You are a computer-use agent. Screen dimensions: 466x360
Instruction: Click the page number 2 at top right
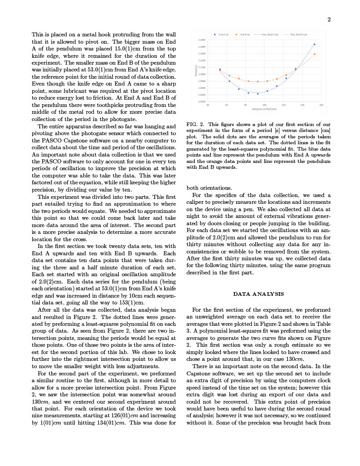329,19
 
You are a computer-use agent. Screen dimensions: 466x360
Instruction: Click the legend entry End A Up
223,35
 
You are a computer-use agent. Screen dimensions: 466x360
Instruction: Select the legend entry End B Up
245,35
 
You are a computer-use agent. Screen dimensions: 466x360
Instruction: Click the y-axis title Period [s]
195,71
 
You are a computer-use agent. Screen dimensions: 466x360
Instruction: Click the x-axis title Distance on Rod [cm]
264,109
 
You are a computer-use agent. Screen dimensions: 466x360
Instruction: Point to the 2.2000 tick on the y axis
201,40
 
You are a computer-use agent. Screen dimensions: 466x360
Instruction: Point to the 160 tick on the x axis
321,105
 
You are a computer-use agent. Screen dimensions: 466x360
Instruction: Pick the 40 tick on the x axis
208,105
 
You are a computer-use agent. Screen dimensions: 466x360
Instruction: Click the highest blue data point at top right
314,45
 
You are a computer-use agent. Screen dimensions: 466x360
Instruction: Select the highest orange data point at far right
314,54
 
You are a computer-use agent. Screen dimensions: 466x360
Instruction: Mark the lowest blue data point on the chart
258,94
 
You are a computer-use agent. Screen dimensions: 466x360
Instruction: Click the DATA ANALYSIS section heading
258,294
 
